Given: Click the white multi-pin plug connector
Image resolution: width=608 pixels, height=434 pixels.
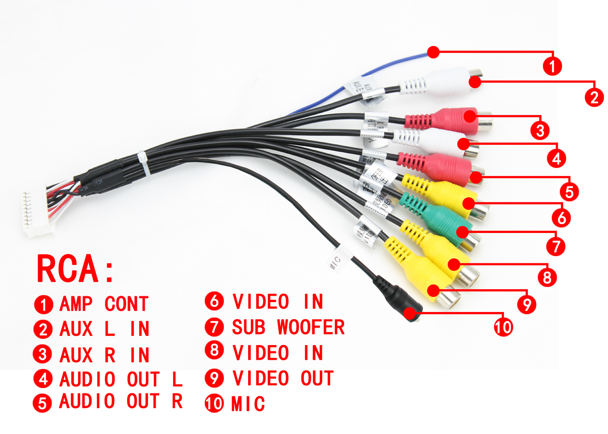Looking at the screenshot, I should coord(36,213).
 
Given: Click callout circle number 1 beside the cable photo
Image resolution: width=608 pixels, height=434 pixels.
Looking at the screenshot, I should coord(552,66).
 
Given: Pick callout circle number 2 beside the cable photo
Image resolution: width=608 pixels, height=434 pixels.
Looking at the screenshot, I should coord(594,97).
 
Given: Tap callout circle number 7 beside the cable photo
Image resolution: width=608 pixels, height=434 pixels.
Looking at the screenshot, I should coord(556,246).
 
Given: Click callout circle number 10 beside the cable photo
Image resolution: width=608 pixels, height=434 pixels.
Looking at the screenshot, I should coord(503,327).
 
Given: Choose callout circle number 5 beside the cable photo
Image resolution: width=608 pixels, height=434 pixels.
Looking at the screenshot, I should coord(569,192).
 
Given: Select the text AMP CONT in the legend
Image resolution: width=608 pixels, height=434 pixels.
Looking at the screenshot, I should coord(104,304).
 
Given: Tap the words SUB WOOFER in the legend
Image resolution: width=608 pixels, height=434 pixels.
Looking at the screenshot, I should coord(288,328).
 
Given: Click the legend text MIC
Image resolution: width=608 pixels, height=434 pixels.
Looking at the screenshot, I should coord(248,404).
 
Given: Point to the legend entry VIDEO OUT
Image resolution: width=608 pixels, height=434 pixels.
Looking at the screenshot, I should coord(283,379).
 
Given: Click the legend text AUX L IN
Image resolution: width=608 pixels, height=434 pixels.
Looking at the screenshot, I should coord(104,329).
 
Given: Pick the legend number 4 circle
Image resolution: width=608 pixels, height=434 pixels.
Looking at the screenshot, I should coord(43,379).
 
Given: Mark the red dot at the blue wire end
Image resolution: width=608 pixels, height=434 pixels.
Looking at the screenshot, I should coord(433,52).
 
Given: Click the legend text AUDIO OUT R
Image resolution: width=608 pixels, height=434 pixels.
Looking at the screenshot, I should coord(121,402).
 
